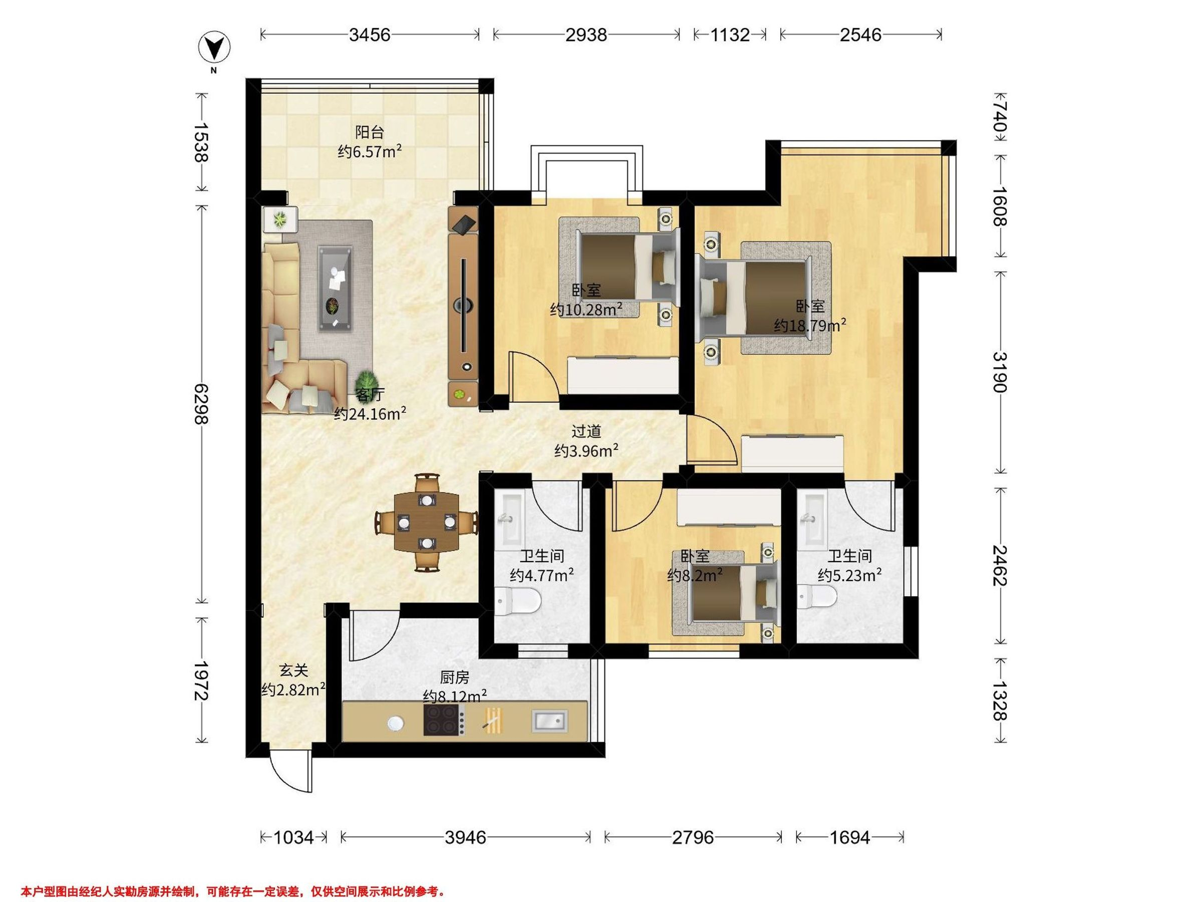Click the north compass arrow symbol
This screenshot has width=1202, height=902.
pos(215,49)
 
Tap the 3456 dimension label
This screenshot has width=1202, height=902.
pos(370,35)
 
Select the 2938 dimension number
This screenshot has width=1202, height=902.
pos(586,35)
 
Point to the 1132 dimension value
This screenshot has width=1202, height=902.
pos(730,35)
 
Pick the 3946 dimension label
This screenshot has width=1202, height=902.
pos(465,837)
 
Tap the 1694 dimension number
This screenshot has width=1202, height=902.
pos(850,837)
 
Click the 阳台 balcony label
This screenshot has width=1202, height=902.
pos(370,132)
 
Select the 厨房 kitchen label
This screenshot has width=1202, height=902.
pos(454,678)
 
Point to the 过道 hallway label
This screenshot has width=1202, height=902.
pos(587,431)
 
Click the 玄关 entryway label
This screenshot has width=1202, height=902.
pos(294,670)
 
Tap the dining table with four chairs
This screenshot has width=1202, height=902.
pos(427,523)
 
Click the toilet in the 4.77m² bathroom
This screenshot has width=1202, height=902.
pos(518,602)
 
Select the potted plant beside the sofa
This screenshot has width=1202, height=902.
pos(369,380)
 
